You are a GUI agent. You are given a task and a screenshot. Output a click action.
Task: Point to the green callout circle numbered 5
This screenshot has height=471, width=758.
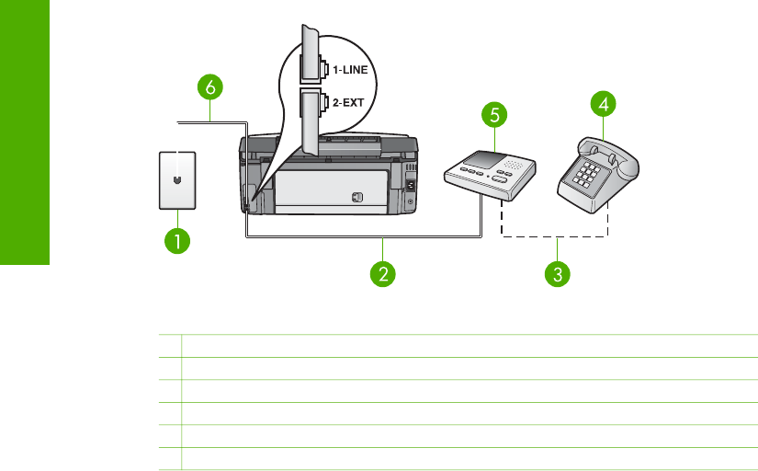(x=494, y=116)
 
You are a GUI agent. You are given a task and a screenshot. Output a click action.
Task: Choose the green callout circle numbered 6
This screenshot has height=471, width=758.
(x=209, y=87)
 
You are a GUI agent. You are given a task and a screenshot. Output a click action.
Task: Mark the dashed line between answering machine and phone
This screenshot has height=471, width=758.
(x=556, y=235)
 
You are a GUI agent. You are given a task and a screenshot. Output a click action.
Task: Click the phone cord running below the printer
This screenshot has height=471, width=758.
(x=368, y=236)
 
